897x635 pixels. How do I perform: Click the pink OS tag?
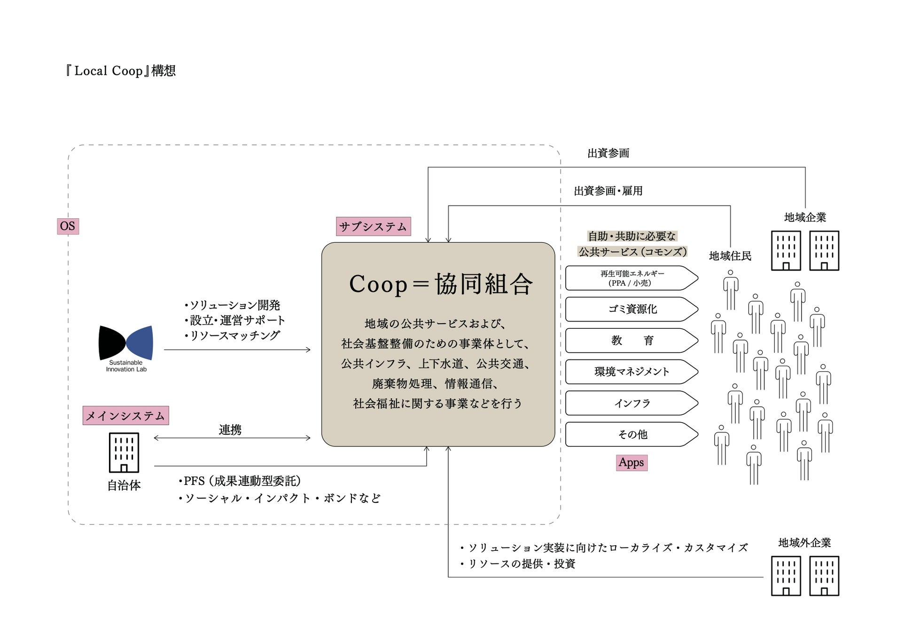coord(68,226)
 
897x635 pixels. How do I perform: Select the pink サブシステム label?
coord(373,227)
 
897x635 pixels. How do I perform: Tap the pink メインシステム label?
coord(125,416)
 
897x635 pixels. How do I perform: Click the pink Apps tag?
coord(631,463)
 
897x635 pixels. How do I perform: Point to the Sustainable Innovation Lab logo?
coord(126,348)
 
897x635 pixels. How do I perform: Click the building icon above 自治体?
coord(124,452)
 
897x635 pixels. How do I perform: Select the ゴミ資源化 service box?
coord(631,309)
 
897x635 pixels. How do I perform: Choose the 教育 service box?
coord(631,341)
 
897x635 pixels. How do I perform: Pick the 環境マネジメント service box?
coord(631,372)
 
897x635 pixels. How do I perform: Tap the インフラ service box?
coord(631,403)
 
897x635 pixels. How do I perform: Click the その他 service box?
coord(631,435)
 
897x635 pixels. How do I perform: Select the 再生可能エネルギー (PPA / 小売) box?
coord(631,278)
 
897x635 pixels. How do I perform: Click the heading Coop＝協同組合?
coord(441,284)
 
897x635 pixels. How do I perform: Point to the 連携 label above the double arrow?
coord(230,429)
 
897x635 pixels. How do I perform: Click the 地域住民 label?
coord(730,256)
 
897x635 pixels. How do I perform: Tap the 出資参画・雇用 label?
coord(608,191)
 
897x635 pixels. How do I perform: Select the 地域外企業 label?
coord(804,543)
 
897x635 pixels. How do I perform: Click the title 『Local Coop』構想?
coord(120,71)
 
